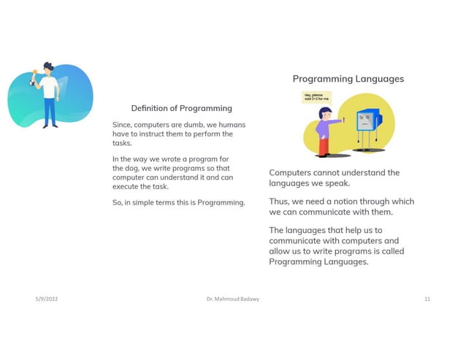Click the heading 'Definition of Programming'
[181, 108]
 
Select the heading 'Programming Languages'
[348, 79]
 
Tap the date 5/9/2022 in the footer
[47, 299]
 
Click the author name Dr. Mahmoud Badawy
[233, 299]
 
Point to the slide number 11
[427, 299]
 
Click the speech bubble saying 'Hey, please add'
[316, 97]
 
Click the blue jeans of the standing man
[50, 112]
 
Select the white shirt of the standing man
[50, 87]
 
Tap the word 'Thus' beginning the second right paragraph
[279, 202]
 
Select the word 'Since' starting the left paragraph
[123, 125]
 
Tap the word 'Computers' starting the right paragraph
[292, 173]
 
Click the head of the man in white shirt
[47, 68]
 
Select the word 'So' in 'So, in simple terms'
[118, 202]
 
